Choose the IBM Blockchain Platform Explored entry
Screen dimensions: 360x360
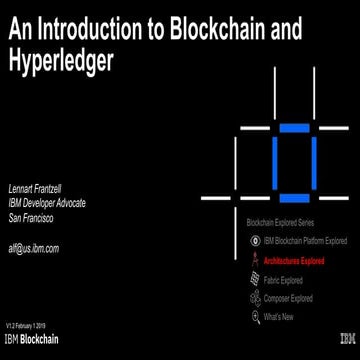[x=304, y=241]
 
